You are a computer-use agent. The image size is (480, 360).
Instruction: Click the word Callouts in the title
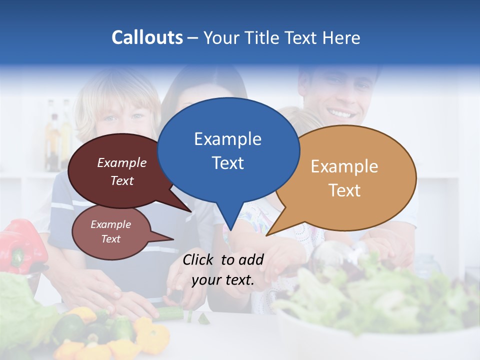pos(147,38)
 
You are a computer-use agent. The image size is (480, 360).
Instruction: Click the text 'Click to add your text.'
pos(223,270)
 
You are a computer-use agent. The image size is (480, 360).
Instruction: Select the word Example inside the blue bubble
pos(227,139)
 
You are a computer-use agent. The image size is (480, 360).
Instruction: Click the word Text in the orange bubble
pos(344,190)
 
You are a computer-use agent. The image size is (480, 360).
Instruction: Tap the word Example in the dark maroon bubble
pos(122,162)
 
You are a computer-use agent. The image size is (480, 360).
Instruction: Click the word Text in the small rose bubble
pos(110,239)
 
